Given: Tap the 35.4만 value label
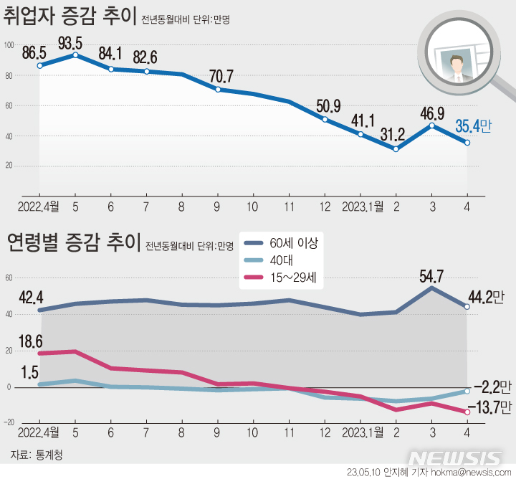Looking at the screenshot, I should pyautogui.click(x=474, y=127).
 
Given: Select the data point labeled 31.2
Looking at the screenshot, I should pyautogui.click(x=396, y=148).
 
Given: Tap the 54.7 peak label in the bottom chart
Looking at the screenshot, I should pyautogui.click(x=432, y=272).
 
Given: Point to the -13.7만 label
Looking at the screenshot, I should pyautogui.click(x=490, y=408).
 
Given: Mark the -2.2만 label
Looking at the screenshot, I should pyautogui.click(x=492, y=387).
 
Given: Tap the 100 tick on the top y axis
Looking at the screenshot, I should pyautogui.click(x=9, y=45).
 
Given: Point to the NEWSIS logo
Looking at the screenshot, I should pyautogui.click(x=458, y=458).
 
